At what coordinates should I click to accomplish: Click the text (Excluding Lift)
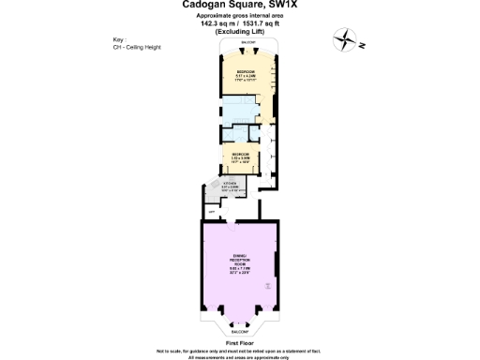point(241,33)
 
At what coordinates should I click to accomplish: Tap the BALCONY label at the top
point(248,44)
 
